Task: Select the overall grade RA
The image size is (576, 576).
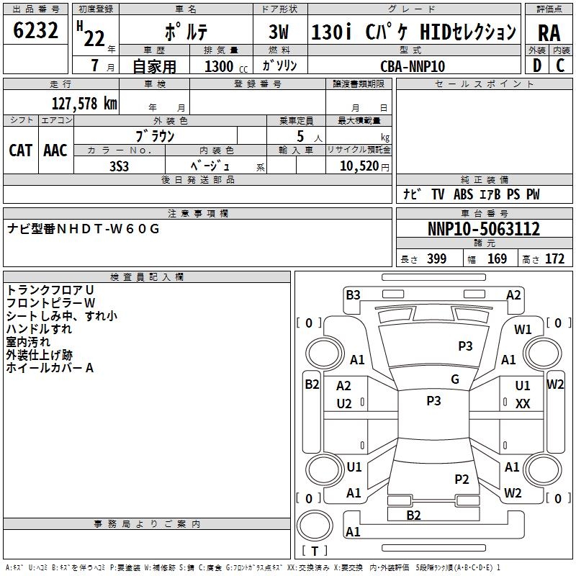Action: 548,33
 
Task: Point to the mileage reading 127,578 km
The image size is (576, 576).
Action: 84,104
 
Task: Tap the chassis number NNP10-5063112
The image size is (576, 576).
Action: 484,230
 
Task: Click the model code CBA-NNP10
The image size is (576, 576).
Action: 413,66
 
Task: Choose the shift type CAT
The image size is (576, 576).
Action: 20,150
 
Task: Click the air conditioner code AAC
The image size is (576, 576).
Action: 55,150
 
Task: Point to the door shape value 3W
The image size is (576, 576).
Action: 279,33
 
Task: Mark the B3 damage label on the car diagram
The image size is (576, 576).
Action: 353,294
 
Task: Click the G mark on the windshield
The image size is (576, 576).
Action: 455,379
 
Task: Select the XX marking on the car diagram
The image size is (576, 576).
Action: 523,404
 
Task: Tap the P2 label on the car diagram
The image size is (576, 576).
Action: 462,479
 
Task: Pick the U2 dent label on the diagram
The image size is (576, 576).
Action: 344,404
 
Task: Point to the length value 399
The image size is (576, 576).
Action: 436,259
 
